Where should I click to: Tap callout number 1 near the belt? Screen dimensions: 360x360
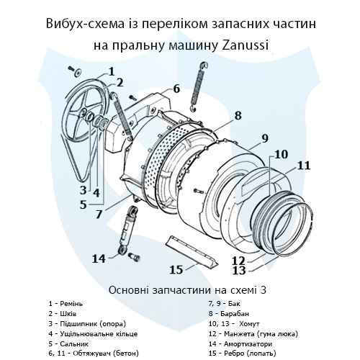[112, 71]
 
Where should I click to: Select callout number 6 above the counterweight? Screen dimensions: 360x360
[176, 89]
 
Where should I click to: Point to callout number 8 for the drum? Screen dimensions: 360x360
[238, 114]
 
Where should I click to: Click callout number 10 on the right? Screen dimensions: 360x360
[281, 153]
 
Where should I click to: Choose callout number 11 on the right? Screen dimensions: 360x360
[304, 165]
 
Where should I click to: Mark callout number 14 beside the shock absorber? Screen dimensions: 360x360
[99, 258]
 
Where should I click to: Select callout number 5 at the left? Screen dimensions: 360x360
[84, 204]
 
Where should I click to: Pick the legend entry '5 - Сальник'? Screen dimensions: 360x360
[69, 344]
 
